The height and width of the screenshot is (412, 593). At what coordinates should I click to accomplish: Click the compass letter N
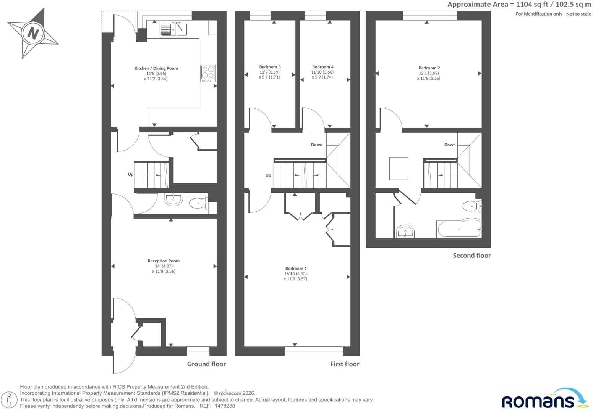tap(33, 34)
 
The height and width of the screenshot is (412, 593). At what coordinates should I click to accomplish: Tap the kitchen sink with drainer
tap(174, 29)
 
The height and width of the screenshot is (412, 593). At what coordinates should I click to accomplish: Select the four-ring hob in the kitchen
tap(208, 74)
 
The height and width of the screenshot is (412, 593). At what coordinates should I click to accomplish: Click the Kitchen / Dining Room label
tap(156, 68)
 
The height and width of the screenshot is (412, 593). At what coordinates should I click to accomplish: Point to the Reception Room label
tap(164, 261)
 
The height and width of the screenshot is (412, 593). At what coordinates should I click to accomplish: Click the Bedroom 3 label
tap(270, 67)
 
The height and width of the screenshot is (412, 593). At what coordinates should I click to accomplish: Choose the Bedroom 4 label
tap(323, 67)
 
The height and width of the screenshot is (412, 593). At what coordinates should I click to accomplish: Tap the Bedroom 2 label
tap(429, 68)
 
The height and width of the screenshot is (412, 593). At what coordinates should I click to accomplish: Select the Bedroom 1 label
tap(296, 269)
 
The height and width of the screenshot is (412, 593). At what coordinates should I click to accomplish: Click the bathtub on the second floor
tap(459, 229)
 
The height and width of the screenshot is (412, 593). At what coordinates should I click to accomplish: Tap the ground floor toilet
tap(199, 203)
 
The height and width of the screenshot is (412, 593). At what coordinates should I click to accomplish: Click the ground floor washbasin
tap(173, 199)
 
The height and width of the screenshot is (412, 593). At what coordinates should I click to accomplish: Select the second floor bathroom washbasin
tap(405, 232)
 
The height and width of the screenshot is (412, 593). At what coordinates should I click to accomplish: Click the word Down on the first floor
tap(317, 145)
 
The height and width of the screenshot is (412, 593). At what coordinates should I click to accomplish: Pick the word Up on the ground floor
tap(131, 174)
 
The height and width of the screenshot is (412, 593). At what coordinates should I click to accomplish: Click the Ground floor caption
tap(206, 364)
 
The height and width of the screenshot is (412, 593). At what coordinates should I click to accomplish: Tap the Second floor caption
tap(472, 256)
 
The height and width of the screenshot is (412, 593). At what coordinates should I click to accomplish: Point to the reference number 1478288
tap(225, 406)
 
